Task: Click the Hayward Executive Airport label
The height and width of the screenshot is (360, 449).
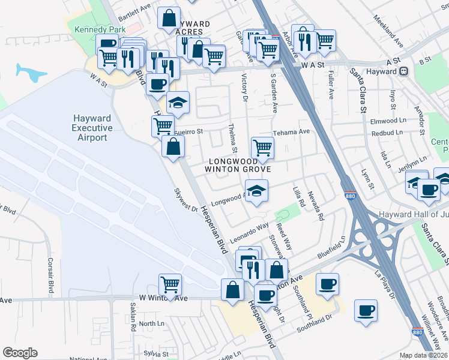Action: (92, 128)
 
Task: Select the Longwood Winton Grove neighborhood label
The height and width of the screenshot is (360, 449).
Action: (238, 165)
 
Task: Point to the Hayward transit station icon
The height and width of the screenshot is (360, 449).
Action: (404, 71)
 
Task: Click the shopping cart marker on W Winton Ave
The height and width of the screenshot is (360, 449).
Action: (170, 284)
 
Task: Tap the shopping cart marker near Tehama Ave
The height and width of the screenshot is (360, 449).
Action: (262, 147)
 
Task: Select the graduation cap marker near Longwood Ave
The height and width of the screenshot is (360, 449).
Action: (256, 191)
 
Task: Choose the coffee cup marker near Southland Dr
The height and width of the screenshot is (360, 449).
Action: (366, 310)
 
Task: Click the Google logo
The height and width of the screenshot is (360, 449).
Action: (20, 353)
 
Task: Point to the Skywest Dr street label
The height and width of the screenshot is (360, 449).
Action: (186, 200)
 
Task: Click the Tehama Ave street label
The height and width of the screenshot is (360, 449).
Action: (291, 131)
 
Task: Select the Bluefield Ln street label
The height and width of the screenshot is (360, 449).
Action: (332, 247)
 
